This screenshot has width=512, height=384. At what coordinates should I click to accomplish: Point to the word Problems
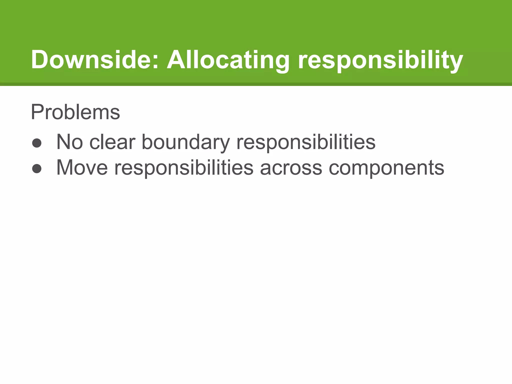[75, 112]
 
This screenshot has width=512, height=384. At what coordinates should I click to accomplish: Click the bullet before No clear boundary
[37, 143]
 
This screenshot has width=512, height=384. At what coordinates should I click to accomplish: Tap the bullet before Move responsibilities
[37, 169]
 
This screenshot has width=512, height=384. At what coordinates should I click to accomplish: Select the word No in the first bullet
[69, 142]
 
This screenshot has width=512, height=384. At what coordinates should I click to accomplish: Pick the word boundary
[185, 142]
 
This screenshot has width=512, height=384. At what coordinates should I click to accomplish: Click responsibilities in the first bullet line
[305, 142]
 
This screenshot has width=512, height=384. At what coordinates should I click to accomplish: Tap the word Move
[82, 167]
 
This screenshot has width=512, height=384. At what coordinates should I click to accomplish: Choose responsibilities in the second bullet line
[184, 168]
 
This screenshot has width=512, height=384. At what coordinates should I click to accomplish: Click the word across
[291, 168]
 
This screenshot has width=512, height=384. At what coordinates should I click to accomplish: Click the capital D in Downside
[41, 59]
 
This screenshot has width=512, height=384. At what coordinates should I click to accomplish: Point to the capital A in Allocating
[176, 59]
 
